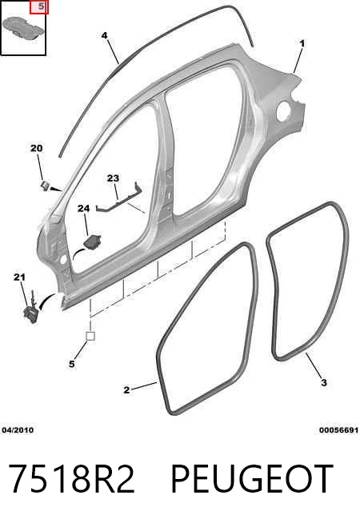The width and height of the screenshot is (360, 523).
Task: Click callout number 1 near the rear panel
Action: pyautogui.click(x=302, y=44)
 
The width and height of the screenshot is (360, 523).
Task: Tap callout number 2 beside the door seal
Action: pyautogui.click(x=126, y=389)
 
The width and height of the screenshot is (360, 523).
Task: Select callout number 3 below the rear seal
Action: pyautogui.click(x=324, y=382)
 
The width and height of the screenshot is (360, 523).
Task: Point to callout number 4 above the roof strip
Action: pyautogui.click(x=105, y=35)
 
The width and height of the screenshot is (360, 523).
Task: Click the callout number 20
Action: pyautogui.click(x=37, y=148)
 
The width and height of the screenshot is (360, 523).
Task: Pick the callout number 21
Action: pyautogui.click(x=20, y=277)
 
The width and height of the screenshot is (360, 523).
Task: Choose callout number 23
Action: pyautogui.click(x=113, y=178)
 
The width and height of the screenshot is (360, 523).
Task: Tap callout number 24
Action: pyautogui.click(x=84, y=209)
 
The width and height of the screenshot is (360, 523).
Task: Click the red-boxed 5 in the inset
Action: pyautogui.click(x=39, y=7)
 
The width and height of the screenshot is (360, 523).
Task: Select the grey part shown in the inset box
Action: pyautogui.click(x=23, y=27)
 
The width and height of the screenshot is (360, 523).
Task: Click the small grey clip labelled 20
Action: pyautogui.click(x=45, y=185)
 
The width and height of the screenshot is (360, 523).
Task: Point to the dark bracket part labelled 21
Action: pyautogui.click(x=31, y=310)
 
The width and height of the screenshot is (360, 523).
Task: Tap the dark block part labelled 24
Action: pyautogui.click(x=93, y=242)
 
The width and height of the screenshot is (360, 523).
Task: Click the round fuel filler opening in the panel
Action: pyautogui.click(x=284, y=110)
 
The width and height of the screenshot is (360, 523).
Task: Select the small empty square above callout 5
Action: pyautogui.click(x=90, y=336)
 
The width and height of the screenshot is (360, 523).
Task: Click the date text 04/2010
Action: pyautogui.click(x=18, y=430)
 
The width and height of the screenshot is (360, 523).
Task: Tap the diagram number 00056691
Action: pyautogui.click(x=338, y=430)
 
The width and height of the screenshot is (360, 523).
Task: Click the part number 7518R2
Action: pyautogui.click(x=71, y=479)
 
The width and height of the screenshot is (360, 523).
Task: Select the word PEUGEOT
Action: pyautogui.click(x=252, y=479)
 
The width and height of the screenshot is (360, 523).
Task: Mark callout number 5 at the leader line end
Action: pyautogui.click(x=72, y=364)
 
